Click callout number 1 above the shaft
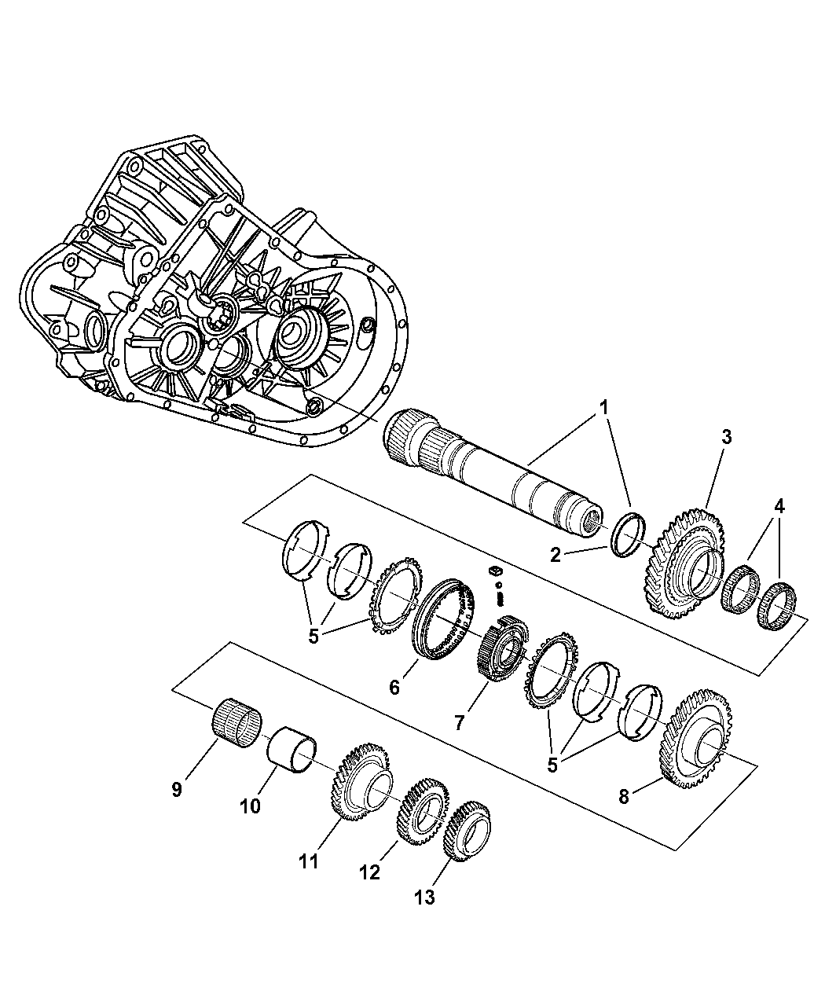(x=604, y=408)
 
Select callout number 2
(x=555, y=556)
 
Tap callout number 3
(x=727, y=437)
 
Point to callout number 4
(x=779, y=506)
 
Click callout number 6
(x=394, y=688)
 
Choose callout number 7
(x=459, y=723)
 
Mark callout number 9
(x=177, y=789)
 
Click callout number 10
(x=250, y=806)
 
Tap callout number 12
(x=369, y=872)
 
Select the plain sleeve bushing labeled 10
(x=291, y=757)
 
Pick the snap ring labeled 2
(x=628, y=535)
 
